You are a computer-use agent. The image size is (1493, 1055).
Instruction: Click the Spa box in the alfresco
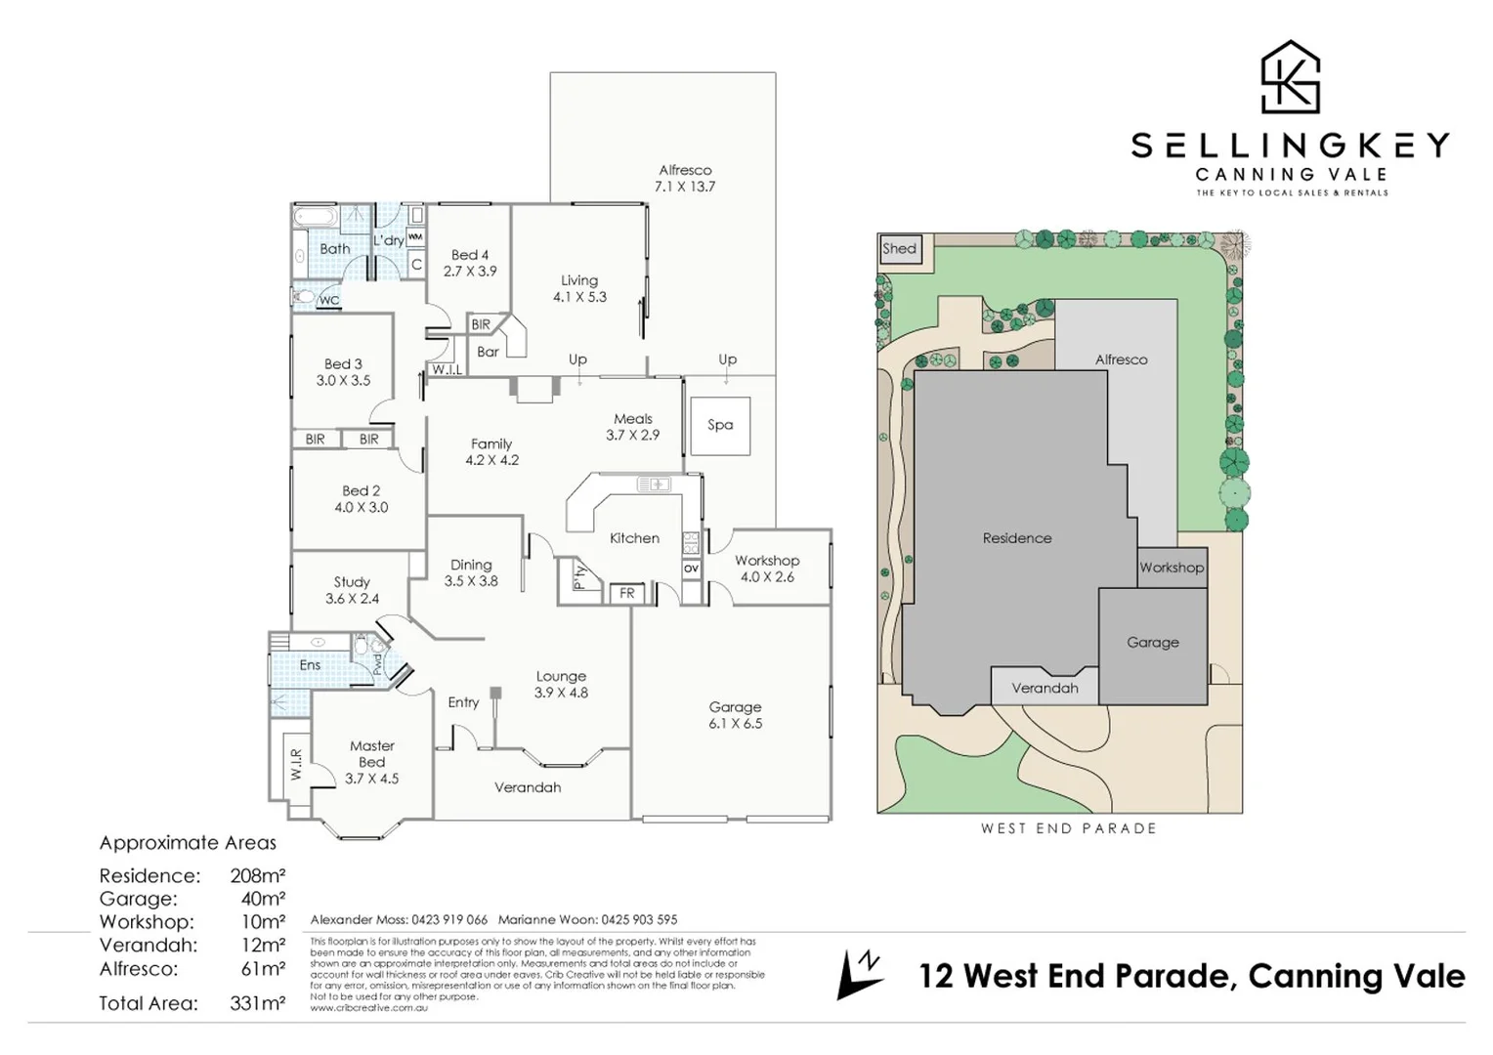click(x=720, y=425)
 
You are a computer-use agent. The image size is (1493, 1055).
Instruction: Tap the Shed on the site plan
click(x=899, y=248)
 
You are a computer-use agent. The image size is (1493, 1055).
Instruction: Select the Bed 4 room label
click(x=470, y=263)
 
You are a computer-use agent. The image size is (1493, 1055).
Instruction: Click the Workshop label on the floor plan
click(x=767, y=569)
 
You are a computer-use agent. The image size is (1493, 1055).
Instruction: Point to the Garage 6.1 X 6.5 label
click(x=735, y=715)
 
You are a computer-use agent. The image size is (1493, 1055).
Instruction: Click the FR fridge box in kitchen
click(x=627, y=593)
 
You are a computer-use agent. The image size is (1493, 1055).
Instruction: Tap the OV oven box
click(x=691, y=569)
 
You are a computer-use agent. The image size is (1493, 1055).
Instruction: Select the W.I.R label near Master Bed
click(x=296, y=765)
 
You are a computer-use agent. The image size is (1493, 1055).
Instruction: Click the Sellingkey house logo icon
click(x=1290, y=77)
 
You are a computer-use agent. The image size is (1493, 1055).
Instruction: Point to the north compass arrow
click(x=859, y=975)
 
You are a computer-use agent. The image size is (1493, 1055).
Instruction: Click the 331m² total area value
click(x=257, y=1003)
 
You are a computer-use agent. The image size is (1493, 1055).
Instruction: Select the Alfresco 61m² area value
click(x=262, y=969)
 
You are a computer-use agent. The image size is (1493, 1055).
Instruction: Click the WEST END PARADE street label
click(x=1068, y=828)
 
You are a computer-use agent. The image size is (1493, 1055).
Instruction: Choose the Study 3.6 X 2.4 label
click(x=352, y=590)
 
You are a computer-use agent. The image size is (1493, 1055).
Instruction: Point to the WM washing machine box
click(x=415, y=237)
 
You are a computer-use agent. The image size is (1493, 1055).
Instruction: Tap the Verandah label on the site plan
click(x=1045, y=688)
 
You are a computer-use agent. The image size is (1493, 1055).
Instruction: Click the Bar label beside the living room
click(x=488, y=352)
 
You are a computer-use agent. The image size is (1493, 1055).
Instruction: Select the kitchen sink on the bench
click(x=653, y=484)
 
